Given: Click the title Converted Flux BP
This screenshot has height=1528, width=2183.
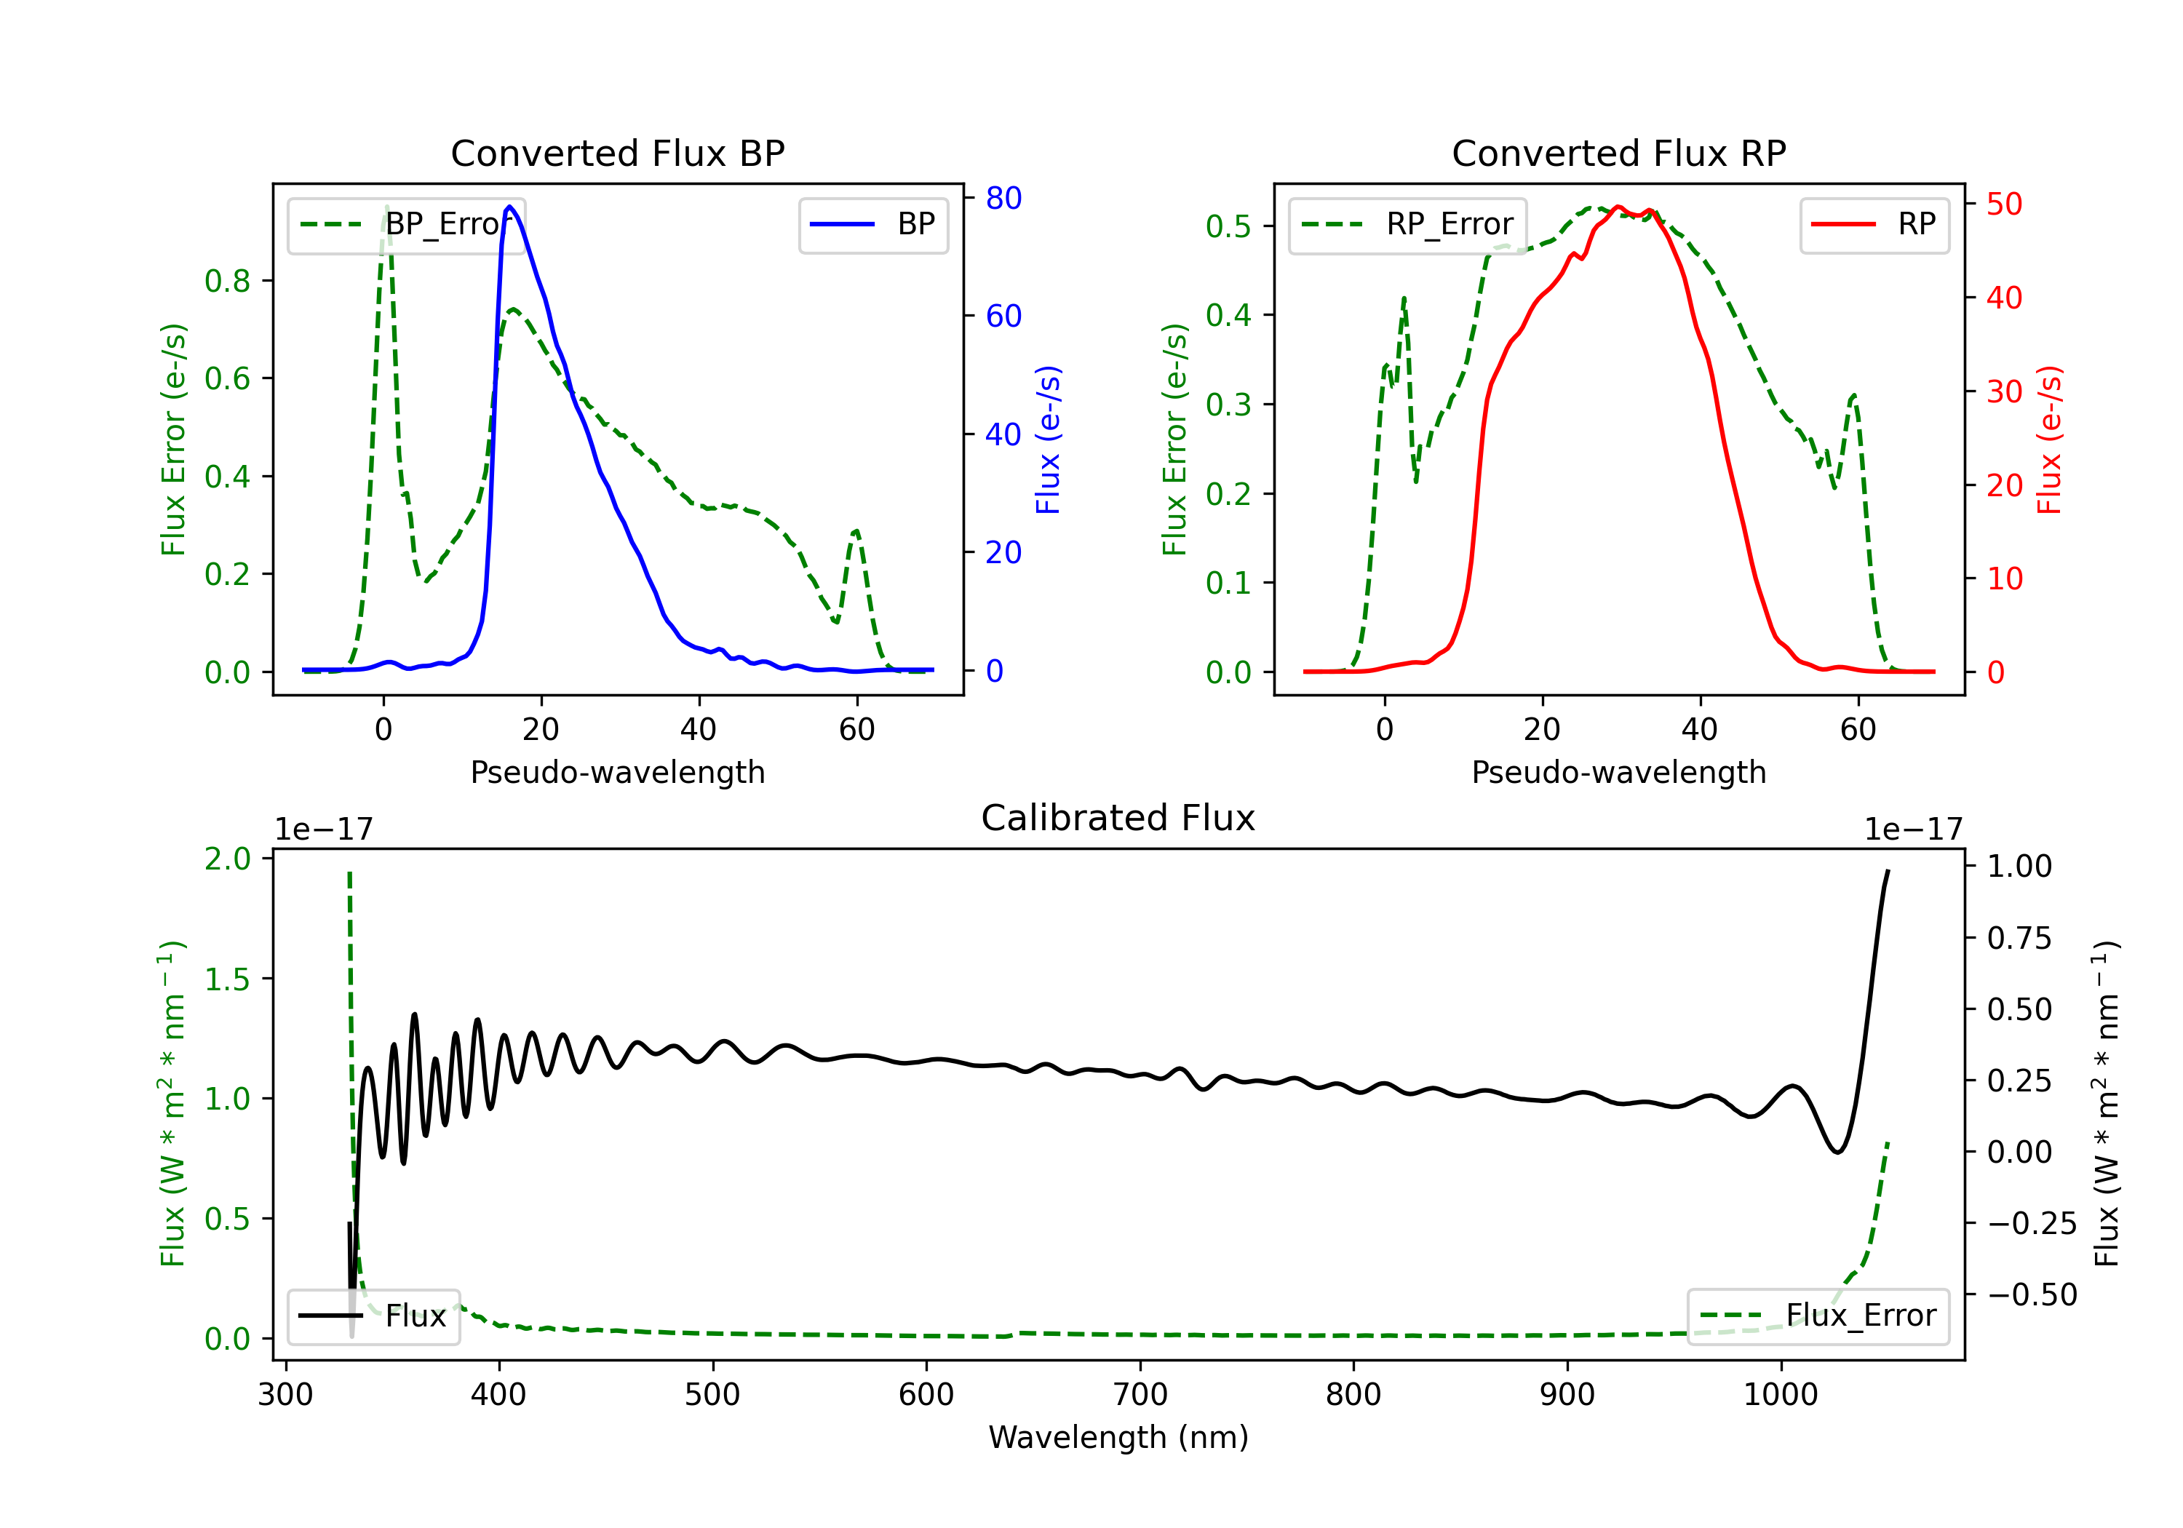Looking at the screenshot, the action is (618, 153).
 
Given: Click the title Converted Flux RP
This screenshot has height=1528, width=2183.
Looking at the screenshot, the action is (1619, 153).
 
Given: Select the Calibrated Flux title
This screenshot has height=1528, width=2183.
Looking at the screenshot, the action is (1118, 818).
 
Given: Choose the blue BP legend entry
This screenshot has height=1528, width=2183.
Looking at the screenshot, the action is (874, 224).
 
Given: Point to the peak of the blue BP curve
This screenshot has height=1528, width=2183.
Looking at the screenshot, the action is (509, 207).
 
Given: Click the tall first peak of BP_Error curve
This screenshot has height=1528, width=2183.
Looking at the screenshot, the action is (386, 207).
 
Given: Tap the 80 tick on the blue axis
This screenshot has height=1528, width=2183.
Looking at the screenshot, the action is (1003, 198).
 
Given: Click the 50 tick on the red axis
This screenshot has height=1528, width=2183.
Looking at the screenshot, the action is (2004, 204).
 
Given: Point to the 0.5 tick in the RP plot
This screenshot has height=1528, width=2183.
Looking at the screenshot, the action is (1228, 226).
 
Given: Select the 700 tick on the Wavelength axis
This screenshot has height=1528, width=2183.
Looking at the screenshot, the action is (1140, 1395).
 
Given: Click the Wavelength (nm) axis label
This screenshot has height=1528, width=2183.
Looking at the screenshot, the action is (1118, 1437).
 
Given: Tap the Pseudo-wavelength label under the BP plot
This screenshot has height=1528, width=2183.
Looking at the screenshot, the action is (618, 772).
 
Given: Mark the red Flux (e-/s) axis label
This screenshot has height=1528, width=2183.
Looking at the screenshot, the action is (2050, 440).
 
